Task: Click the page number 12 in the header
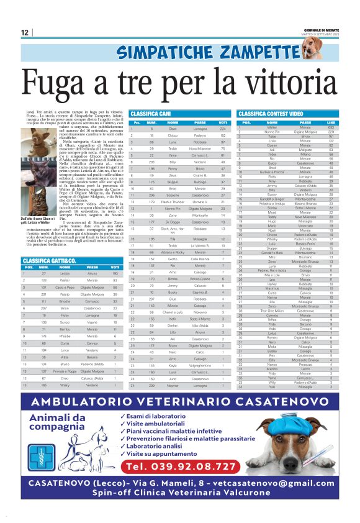25,32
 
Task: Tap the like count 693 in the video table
331,127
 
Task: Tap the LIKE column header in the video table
331,122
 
